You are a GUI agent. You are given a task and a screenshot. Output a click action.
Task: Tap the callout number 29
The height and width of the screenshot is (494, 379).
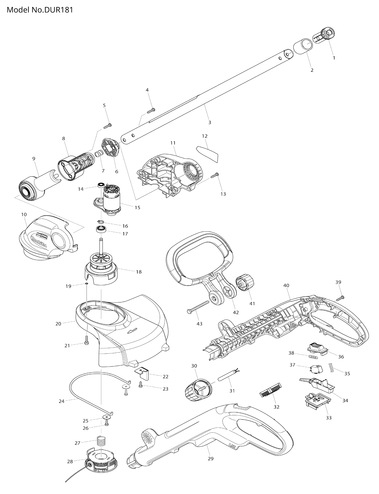click(x=210, y=458)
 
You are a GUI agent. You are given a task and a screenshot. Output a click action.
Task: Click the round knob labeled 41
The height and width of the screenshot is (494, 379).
click(x=244, y=284)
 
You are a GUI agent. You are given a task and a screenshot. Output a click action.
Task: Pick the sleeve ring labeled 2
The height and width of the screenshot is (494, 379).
click(x=303, y=46)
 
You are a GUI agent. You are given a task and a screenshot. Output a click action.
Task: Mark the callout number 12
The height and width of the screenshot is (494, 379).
click(x=205, y=136)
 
